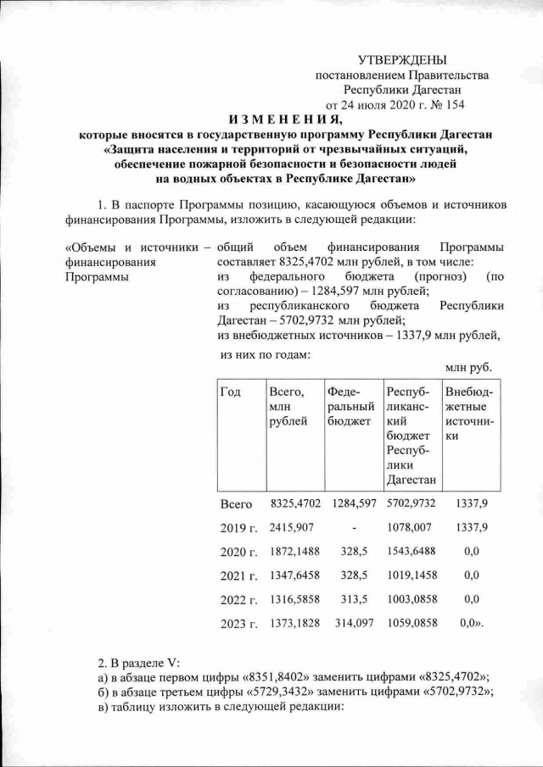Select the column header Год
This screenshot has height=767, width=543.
[x=230, y=392]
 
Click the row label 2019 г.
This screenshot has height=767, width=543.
[x=238, y=528]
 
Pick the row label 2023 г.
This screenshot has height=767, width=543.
[x=238, y=625]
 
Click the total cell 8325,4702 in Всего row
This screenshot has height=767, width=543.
[x=294, y=503]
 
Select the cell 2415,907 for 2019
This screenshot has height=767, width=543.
[x=292, y=528]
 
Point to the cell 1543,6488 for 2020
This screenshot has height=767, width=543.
[x=411, y=552]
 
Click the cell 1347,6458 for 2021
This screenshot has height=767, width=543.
[x=294, y=576]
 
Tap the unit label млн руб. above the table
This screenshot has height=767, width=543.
[x=468, y=367]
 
